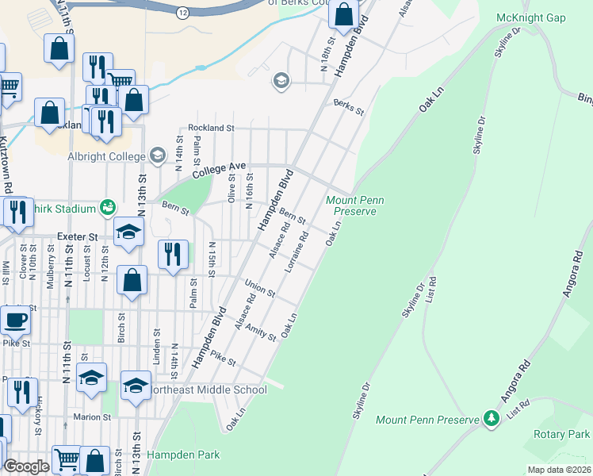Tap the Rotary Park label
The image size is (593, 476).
pyautogui.click(x=563, y=434)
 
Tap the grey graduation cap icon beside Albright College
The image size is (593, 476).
pyautogui.click(x=157, y=155)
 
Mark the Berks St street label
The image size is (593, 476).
pyautogui.click(x=348, y=107)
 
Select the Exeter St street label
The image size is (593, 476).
pyautogui.click(x=77, y=236)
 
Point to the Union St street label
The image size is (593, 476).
pyautogui.click(x=259, y=288)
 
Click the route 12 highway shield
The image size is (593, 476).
pyautogui.click(x=182, y=13)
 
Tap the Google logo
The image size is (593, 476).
pyautogui.click(x=26, y=466)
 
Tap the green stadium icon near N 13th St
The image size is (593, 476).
pyautogui.click(x=107, y=208)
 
